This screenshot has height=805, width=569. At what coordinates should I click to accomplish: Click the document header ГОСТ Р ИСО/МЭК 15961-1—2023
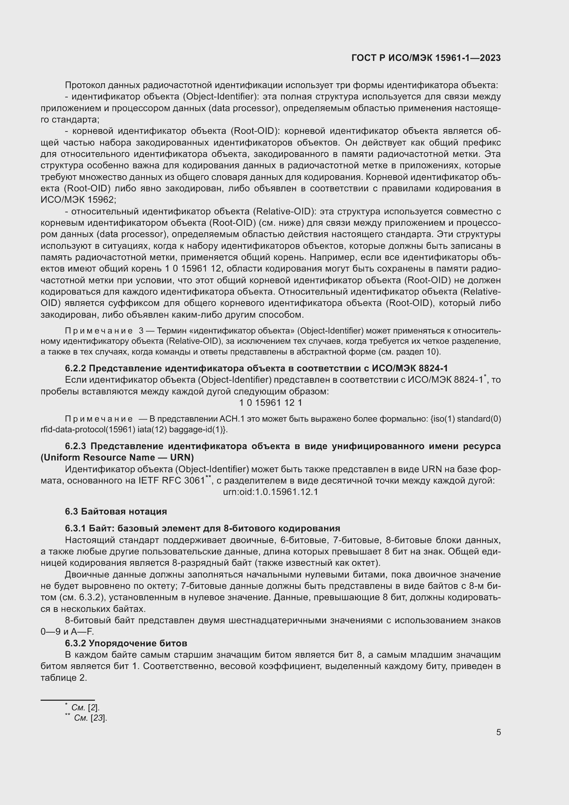(426, 58)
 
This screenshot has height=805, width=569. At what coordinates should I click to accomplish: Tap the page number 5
(498, 732)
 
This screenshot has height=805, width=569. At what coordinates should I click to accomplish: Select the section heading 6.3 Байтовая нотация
(116, 511)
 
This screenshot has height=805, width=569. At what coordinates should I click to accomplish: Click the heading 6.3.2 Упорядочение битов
(126, 643)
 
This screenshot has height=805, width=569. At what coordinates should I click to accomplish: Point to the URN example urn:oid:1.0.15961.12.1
(270, 492)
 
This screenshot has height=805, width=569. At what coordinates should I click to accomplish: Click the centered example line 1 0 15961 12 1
(270, 403)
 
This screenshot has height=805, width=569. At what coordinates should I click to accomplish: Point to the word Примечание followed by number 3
(99, 331)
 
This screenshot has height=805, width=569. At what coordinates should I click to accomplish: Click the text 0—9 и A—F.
(67, 632)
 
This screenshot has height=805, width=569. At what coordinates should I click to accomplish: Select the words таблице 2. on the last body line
(64, 678)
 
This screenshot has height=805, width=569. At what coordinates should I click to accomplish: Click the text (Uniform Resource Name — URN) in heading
(117, 457)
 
